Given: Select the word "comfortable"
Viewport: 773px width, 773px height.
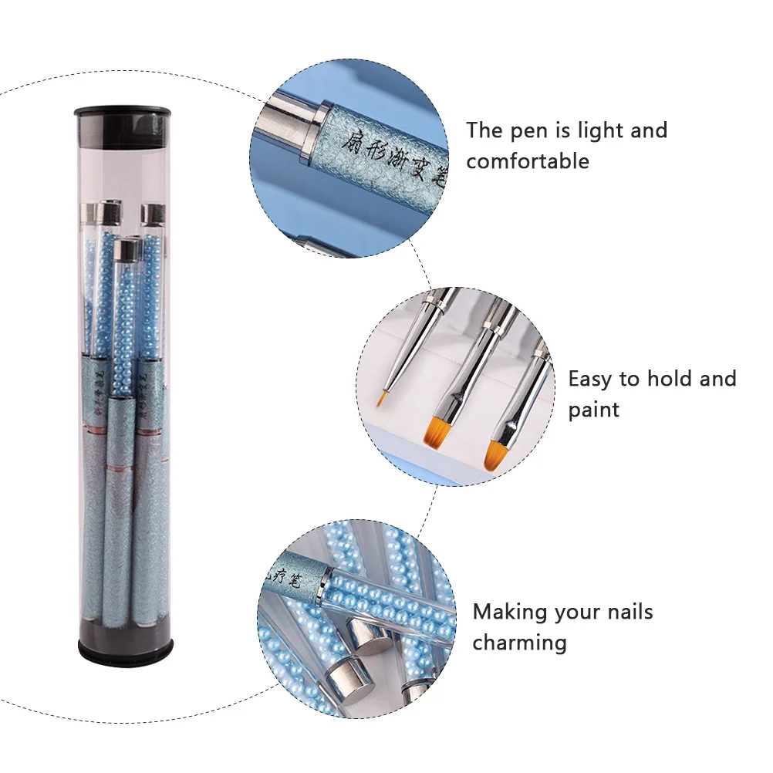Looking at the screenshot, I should click(527, 161).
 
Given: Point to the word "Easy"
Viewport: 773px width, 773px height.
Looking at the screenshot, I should click(591, 379).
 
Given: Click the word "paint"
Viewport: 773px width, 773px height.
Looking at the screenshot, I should click(593, 410).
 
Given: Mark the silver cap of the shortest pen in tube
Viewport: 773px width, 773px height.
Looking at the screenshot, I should click(123, 249).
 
